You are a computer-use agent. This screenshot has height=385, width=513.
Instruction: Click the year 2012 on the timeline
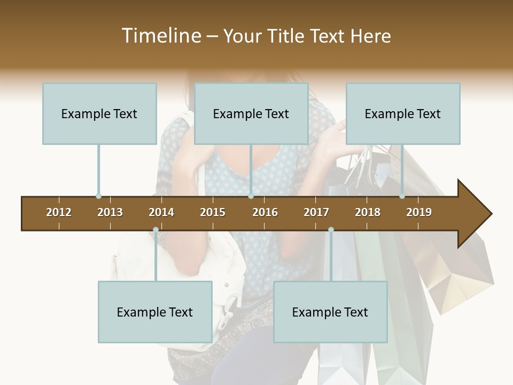[x=59, y=212]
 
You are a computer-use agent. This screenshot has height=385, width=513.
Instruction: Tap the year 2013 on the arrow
[x=110, y=212]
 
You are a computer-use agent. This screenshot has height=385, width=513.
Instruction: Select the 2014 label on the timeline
[x=161, y=212]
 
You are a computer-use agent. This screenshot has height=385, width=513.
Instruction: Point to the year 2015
[x=213, y=212]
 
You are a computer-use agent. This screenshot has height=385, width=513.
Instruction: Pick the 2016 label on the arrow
[x=265, y=212]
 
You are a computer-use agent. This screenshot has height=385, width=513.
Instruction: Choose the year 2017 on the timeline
[x=316, y=212]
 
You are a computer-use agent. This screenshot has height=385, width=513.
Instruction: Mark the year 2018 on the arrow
[x=368, y=212]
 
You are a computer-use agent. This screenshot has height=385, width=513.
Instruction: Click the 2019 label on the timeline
[x=419, y=212]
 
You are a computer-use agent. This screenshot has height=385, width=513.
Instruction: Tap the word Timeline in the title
[x=160, y=36]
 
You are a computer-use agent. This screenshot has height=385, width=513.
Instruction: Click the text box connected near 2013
[x=99, y=113]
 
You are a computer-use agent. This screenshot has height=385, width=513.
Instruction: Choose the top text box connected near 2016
[x=251, y=113]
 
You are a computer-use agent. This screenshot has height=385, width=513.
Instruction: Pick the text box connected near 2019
[x=403, y=113]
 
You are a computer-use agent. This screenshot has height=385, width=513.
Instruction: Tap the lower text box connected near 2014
[x=155, y=312]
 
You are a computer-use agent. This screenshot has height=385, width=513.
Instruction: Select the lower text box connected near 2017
[x=330, y=312]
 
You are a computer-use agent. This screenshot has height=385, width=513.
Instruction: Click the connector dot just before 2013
[x=98, y=196]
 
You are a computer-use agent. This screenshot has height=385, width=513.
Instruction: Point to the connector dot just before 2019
[x=402, y=196]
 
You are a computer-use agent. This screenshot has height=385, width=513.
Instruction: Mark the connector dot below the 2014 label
[x=156, y=230]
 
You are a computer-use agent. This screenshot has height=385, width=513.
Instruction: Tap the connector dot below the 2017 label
[x=331, y=230]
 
